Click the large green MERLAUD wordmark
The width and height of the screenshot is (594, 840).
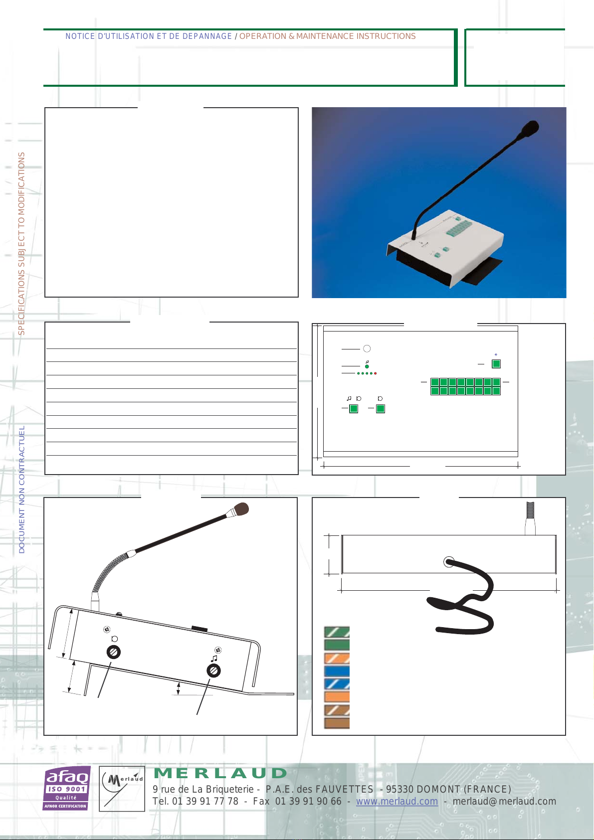[220, 773]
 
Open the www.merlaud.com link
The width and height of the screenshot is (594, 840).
[397, 802]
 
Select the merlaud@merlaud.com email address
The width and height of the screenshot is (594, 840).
[504, 802]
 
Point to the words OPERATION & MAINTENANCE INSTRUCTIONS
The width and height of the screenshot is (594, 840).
[328, 36]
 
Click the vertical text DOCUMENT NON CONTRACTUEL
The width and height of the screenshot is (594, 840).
[21, 490]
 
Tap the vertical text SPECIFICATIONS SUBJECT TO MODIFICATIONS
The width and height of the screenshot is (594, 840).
[21, 244]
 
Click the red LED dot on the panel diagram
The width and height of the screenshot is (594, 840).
[375, 373]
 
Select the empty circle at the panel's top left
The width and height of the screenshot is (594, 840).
[367, 349]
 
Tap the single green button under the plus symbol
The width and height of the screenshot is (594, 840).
[496, 364]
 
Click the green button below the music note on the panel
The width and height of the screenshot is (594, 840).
[354, 409]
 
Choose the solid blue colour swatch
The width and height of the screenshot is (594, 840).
[337, 671]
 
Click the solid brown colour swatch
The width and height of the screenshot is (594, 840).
[337, 723]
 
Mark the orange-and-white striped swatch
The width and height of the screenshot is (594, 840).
[337, 658]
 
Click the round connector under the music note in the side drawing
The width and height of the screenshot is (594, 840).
[214, 671]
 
